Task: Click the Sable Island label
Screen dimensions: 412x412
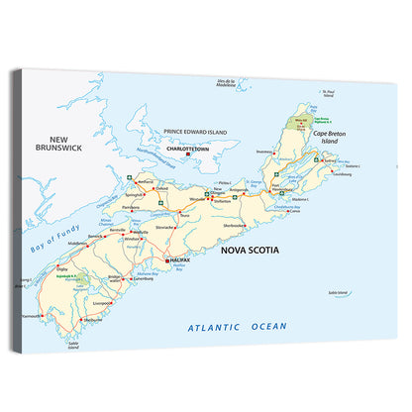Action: [339, 292]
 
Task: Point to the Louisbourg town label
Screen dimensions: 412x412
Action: [342, 174]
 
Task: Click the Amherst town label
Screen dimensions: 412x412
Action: [146, 182]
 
